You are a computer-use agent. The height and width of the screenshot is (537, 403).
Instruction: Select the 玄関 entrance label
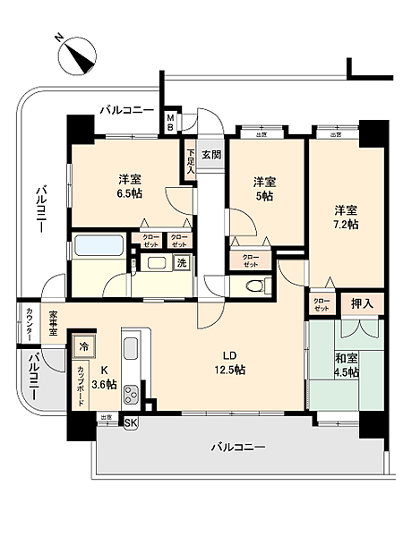tap(211, 154)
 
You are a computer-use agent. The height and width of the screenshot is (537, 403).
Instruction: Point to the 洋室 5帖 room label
tap(262, 189)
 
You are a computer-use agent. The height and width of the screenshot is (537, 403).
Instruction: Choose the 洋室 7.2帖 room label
tap(347, 217)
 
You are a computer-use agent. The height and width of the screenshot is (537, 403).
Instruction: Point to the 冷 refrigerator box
tap(83, 346)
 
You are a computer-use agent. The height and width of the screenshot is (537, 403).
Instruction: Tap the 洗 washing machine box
tap(181, 263)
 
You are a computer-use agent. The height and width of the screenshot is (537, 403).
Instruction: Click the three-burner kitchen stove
tap(132, 392)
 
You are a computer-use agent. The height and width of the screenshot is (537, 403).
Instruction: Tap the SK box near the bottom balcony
tap(131, 422)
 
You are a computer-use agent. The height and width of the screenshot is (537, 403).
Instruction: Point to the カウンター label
tap(30, 321)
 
